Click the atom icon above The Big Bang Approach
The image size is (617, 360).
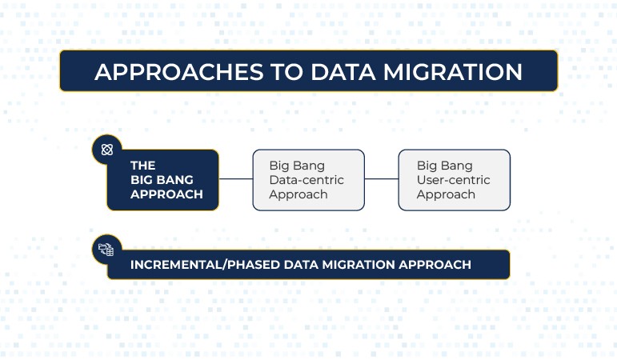point(107,150)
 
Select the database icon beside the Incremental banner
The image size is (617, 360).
point(106,250)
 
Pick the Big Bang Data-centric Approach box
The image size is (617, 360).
point(308,180)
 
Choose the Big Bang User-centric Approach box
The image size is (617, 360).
point(454,180)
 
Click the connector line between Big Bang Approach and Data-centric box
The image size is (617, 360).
point(235,179)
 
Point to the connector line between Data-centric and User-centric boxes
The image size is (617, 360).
point(381,179)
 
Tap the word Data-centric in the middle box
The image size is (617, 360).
point(306,180)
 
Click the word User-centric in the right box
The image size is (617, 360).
point(453,180)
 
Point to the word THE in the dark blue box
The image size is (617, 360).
point(143,166)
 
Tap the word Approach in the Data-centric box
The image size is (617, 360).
point(298,194)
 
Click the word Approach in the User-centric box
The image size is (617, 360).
point(446,194)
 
